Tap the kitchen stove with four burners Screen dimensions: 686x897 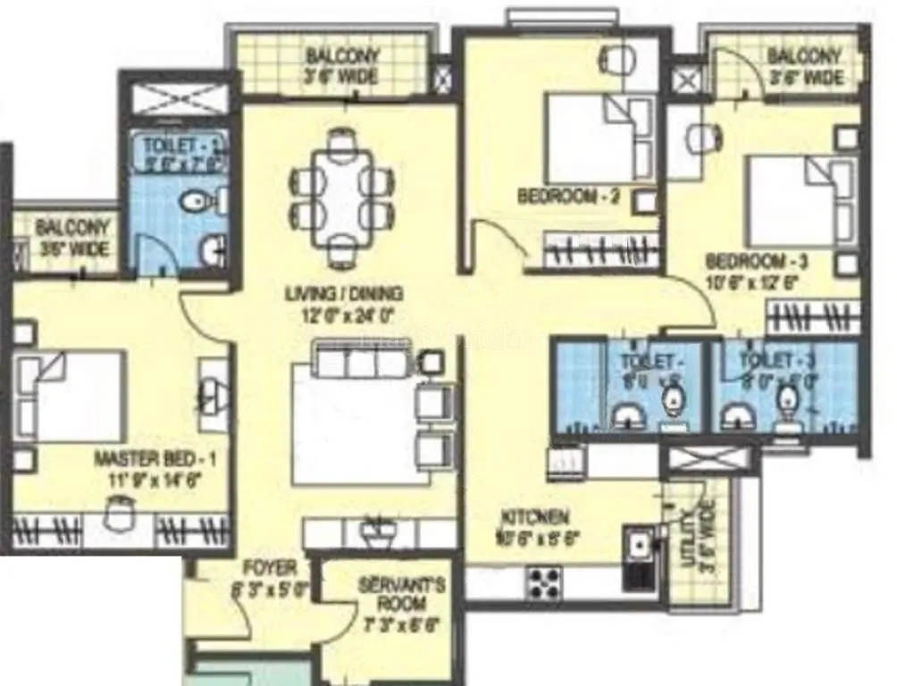point(544,583)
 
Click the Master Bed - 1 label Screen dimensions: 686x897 point(162,469)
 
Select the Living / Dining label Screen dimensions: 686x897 point(344,303)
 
